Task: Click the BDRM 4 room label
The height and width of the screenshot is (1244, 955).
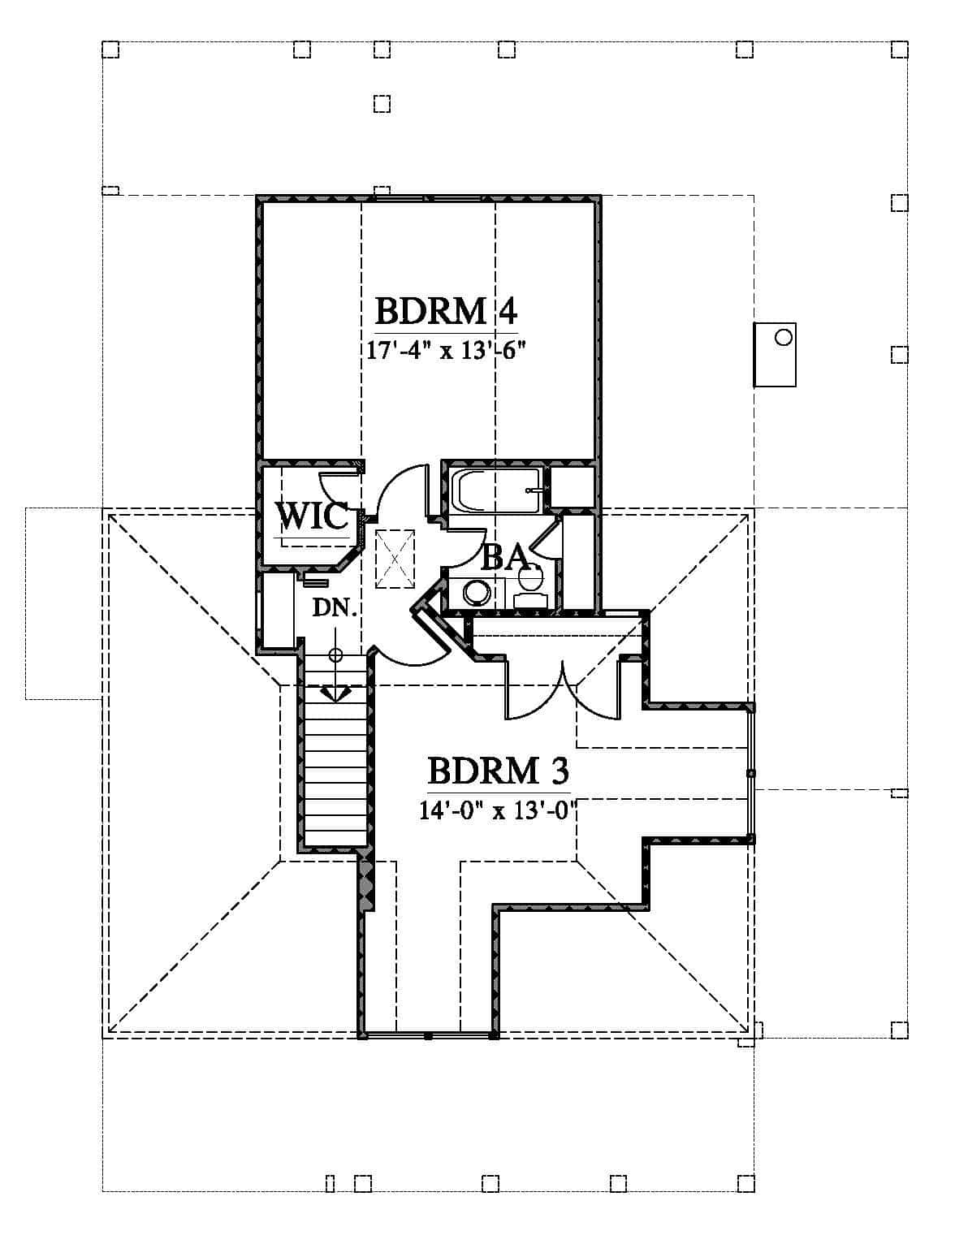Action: [x=446, y=312]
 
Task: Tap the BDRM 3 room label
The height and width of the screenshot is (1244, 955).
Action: [x=499, y=771]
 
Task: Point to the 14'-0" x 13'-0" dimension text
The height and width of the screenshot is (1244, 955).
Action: [x=497, y=810]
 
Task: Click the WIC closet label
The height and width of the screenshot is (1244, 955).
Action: [x=313, y=516]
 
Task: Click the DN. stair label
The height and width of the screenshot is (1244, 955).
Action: [x=335, y=608]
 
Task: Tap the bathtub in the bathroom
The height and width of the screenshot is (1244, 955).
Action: [x=496, y=490]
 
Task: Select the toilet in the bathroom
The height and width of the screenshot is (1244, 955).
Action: [x=531, y=585]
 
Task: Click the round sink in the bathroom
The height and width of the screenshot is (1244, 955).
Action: [x=476, y=593]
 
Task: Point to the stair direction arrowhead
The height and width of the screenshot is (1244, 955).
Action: [x=335, y=693]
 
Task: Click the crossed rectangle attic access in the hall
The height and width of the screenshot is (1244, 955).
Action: [x=395, y=559]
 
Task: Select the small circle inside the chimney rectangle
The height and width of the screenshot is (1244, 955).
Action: [x=783, y=338]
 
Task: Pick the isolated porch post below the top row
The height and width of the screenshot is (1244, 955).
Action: [x=382, y=104]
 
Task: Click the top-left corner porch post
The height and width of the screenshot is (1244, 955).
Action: [x=110, y=50]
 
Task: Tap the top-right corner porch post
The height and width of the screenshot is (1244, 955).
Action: [x=900, y=50]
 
